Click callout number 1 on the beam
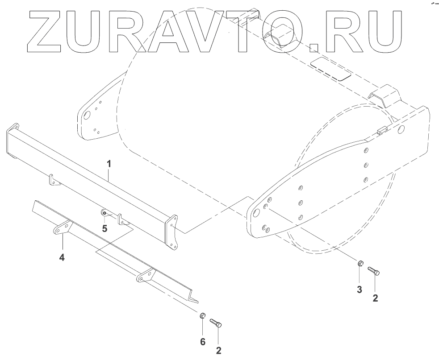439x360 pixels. point(109,164)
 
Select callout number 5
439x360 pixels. point(105,228)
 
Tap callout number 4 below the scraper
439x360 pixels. point(62,257)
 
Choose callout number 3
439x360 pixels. point(359,290)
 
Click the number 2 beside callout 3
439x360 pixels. point(375,298)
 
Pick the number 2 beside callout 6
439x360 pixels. point(218,350)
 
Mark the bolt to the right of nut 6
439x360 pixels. point(216,323)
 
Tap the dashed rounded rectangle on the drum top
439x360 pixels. point(331,68)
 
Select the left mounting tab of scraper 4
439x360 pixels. point(62,228)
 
